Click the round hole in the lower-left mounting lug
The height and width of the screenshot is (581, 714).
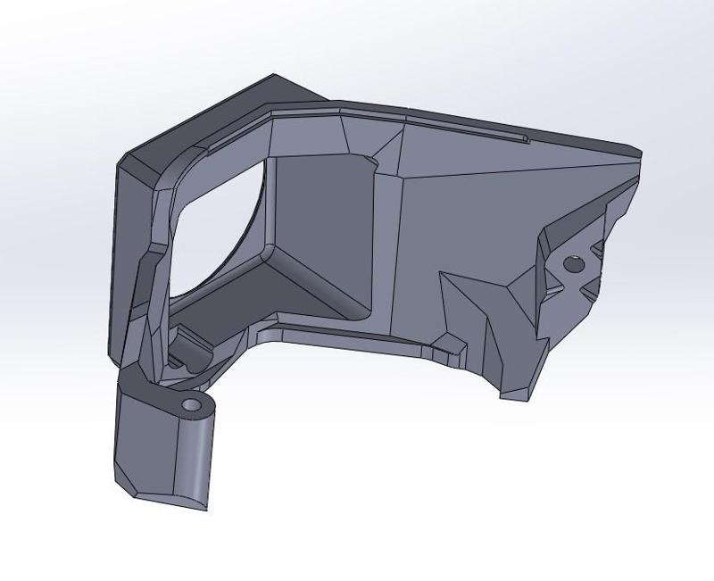192,406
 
